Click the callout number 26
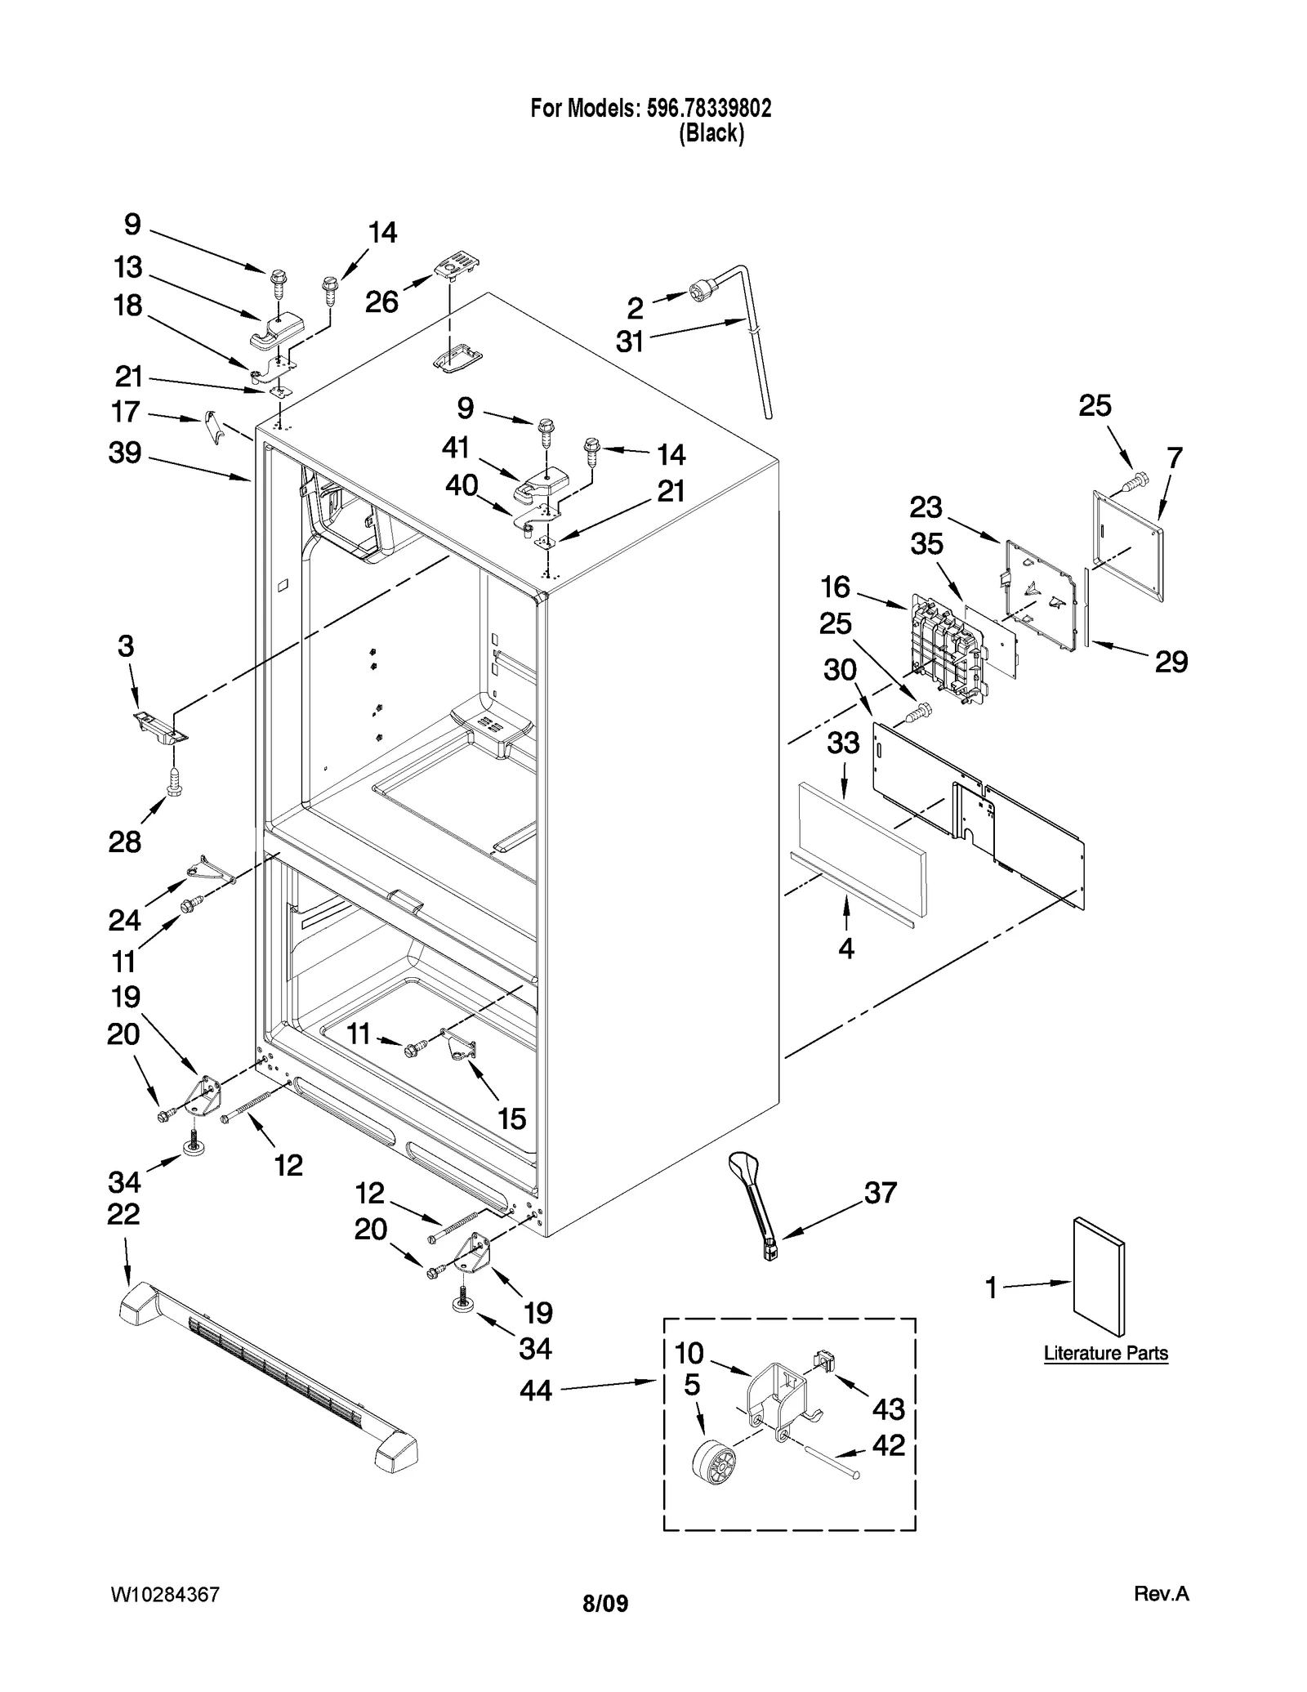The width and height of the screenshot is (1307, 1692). (x=381, y=301)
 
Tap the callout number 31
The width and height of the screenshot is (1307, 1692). (x=630, y=342)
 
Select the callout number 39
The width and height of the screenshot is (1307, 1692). (x=125, y=453)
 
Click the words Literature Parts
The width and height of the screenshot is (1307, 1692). (x=1106, y=1354)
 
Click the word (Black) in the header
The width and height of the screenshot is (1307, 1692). (x=711, y=133)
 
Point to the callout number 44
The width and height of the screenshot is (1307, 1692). (x=536, y=1390)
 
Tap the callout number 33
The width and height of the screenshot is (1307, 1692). (x=843, y=743)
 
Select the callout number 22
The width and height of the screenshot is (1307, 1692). (x=123, y=1214)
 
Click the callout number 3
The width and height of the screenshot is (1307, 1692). (x=125, y=646)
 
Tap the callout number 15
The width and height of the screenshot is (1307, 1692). (x=512, y=1118)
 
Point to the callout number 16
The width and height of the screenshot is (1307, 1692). (x=836, y=587)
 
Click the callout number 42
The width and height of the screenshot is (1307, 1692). (x=889, y=1445)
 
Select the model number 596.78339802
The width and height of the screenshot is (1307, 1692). (x=709, y=109)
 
